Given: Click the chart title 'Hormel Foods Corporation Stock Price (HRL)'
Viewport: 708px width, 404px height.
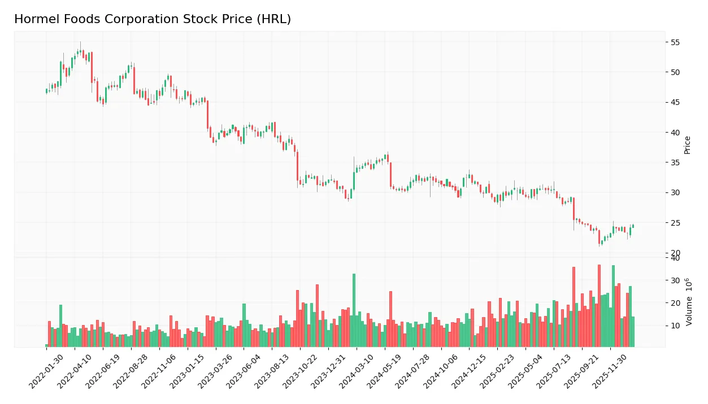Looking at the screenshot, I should [x=153, y=19].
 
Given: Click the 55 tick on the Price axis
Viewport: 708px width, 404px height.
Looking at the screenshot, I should [x=675, y=42].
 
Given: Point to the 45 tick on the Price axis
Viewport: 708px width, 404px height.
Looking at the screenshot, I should [x=675, y=102].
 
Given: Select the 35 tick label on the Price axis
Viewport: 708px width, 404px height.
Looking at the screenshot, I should [x=675, y=163].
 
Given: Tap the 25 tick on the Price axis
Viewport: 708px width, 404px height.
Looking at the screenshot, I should [x=675, y=223].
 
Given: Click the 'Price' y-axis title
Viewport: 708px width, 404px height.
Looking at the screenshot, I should [x=688, y=145].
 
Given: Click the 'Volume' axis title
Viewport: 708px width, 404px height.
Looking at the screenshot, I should [x=689, y=302].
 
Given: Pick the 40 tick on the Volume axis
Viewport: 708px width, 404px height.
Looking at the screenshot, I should [x=675, y=258].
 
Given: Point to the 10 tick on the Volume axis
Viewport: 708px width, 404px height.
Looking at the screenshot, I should [x=675, y=326].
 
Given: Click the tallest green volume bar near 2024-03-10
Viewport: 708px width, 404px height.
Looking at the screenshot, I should [x=354, y=310].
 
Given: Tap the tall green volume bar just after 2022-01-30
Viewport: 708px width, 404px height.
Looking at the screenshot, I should [x=60, y=326].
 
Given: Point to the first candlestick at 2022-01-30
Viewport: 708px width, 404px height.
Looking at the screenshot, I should [x=47, y=91].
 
